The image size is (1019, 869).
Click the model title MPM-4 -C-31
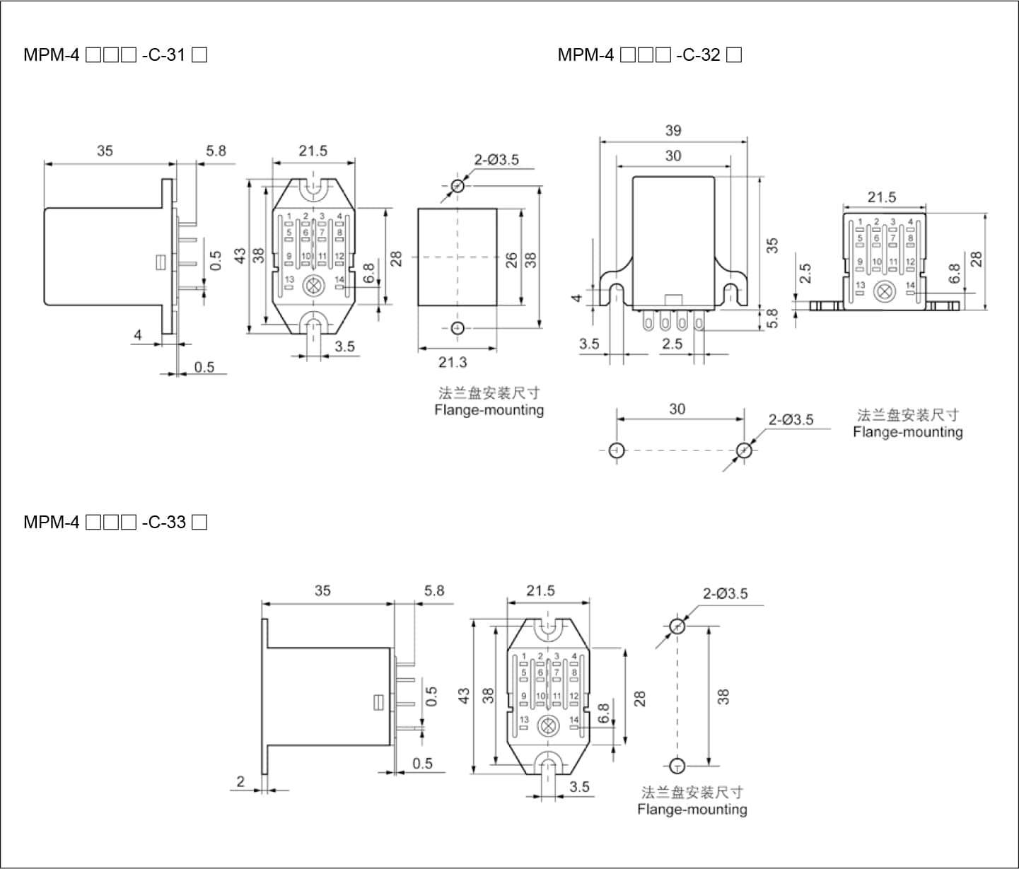[x=115, y=54]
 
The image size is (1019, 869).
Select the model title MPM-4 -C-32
[x=649, y=54]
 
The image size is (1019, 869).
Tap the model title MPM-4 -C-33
[x=115, y=523]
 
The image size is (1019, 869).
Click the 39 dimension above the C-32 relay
[x=673, y=130]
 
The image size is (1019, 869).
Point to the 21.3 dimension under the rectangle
[x=453, y=362]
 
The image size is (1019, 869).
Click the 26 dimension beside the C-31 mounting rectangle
[x=511, y=259]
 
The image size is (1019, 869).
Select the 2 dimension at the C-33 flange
[x=240, y=781]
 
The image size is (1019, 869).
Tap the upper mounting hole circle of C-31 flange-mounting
[x=458, y=186]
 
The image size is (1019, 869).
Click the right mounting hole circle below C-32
[x=744, y=450]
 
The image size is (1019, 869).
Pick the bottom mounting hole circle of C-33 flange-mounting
[x=677, y=765]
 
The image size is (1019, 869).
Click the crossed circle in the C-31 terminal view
[x=312, y=286]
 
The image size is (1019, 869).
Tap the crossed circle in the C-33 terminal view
[x=547, y=726]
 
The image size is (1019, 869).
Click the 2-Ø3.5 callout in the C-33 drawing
[x=725, y=593]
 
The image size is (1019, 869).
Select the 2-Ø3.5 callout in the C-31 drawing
[x=496, y=160]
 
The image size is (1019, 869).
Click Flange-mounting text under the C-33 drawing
[x=692, y=810]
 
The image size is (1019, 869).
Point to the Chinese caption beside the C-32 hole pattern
[x=908, y=415]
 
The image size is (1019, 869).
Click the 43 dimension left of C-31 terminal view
[x=240, y=255]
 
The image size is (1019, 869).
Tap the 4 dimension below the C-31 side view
[x=138, y=334]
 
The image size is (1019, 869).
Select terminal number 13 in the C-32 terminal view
[x=860, y=285]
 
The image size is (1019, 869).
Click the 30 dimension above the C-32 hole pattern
[x=677, y=409]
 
